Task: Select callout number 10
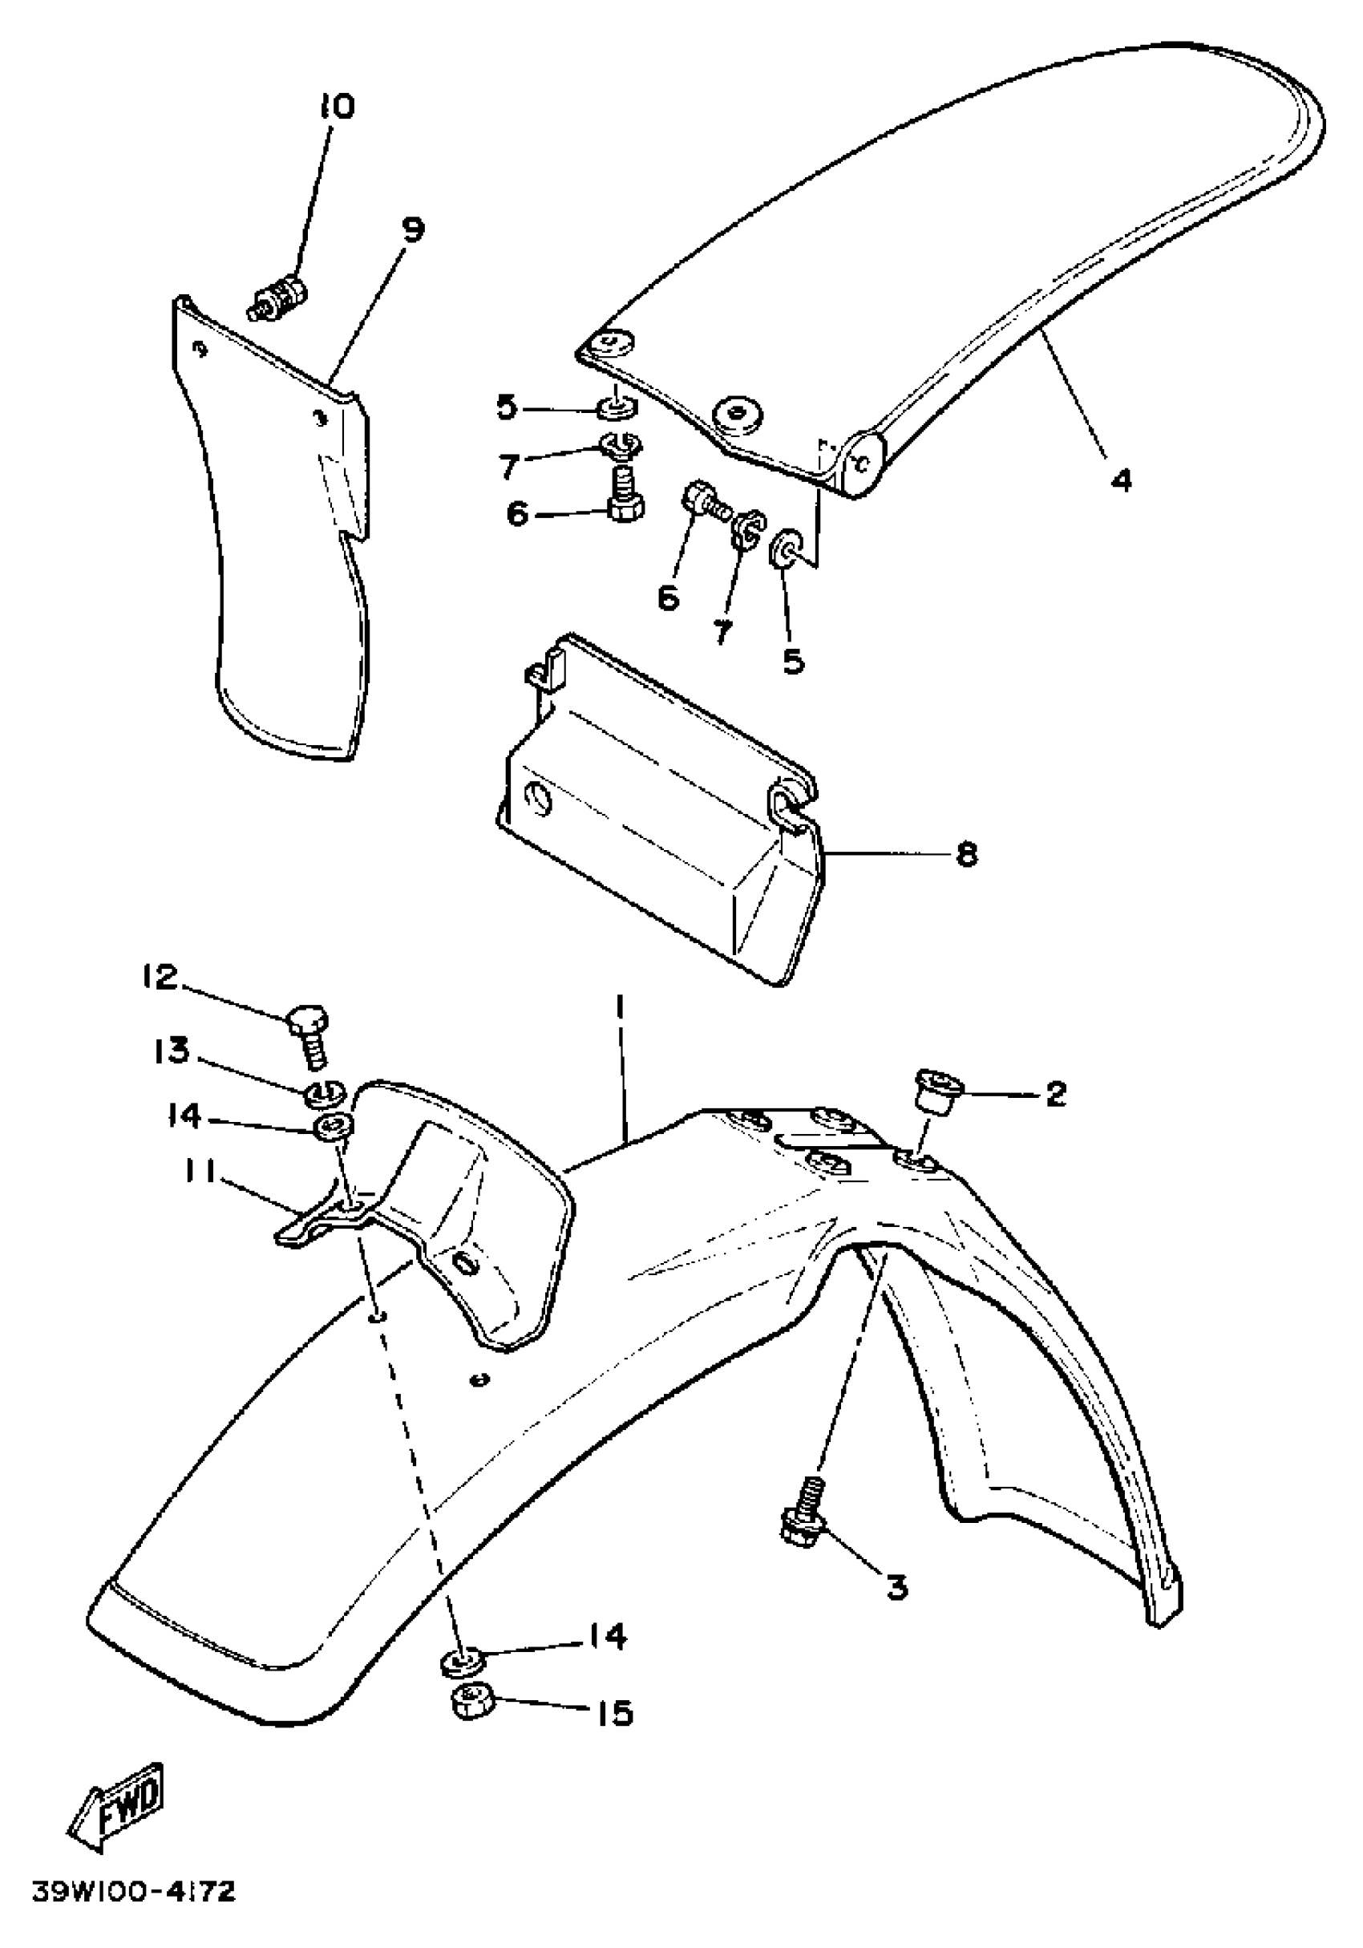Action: coord(337,107)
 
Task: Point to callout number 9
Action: coord(412,230)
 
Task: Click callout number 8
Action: coord(967,853)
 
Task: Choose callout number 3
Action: coord(896,1585)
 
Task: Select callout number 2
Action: coord(1055,1095)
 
